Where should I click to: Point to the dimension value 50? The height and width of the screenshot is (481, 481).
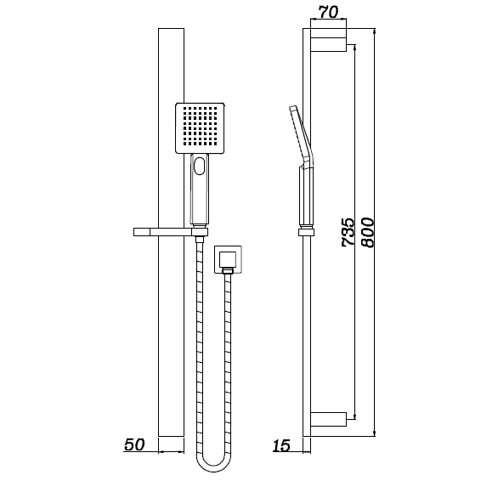coord(134,444)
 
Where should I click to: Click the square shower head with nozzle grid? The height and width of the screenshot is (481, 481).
coord(201,128)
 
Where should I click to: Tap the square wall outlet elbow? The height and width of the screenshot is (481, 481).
coord(227,261)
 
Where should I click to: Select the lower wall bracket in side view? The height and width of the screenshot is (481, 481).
coord(328,418)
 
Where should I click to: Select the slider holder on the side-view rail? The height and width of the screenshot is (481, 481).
coord(304,230)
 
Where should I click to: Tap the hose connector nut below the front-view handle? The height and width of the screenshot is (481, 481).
coord(200,241)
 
